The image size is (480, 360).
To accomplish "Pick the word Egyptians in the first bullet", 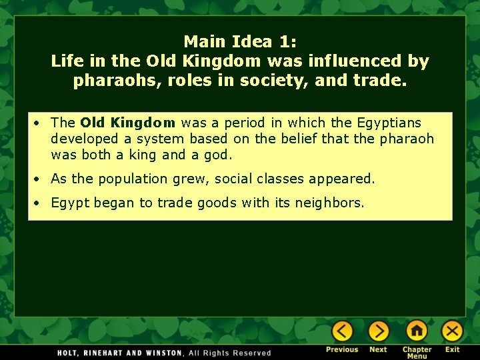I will coord(389,123).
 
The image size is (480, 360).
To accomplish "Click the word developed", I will coord(83,139).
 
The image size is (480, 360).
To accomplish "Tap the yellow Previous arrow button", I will coord(342,331).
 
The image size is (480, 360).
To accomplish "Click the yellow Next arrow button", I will coord(378,331).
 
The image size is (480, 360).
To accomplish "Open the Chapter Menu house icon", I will coord(417,331).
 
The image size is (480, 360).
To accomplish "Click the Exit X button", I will coord(453,331).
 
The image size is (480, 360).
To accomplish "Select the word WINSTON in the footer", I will coord(163,353).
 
